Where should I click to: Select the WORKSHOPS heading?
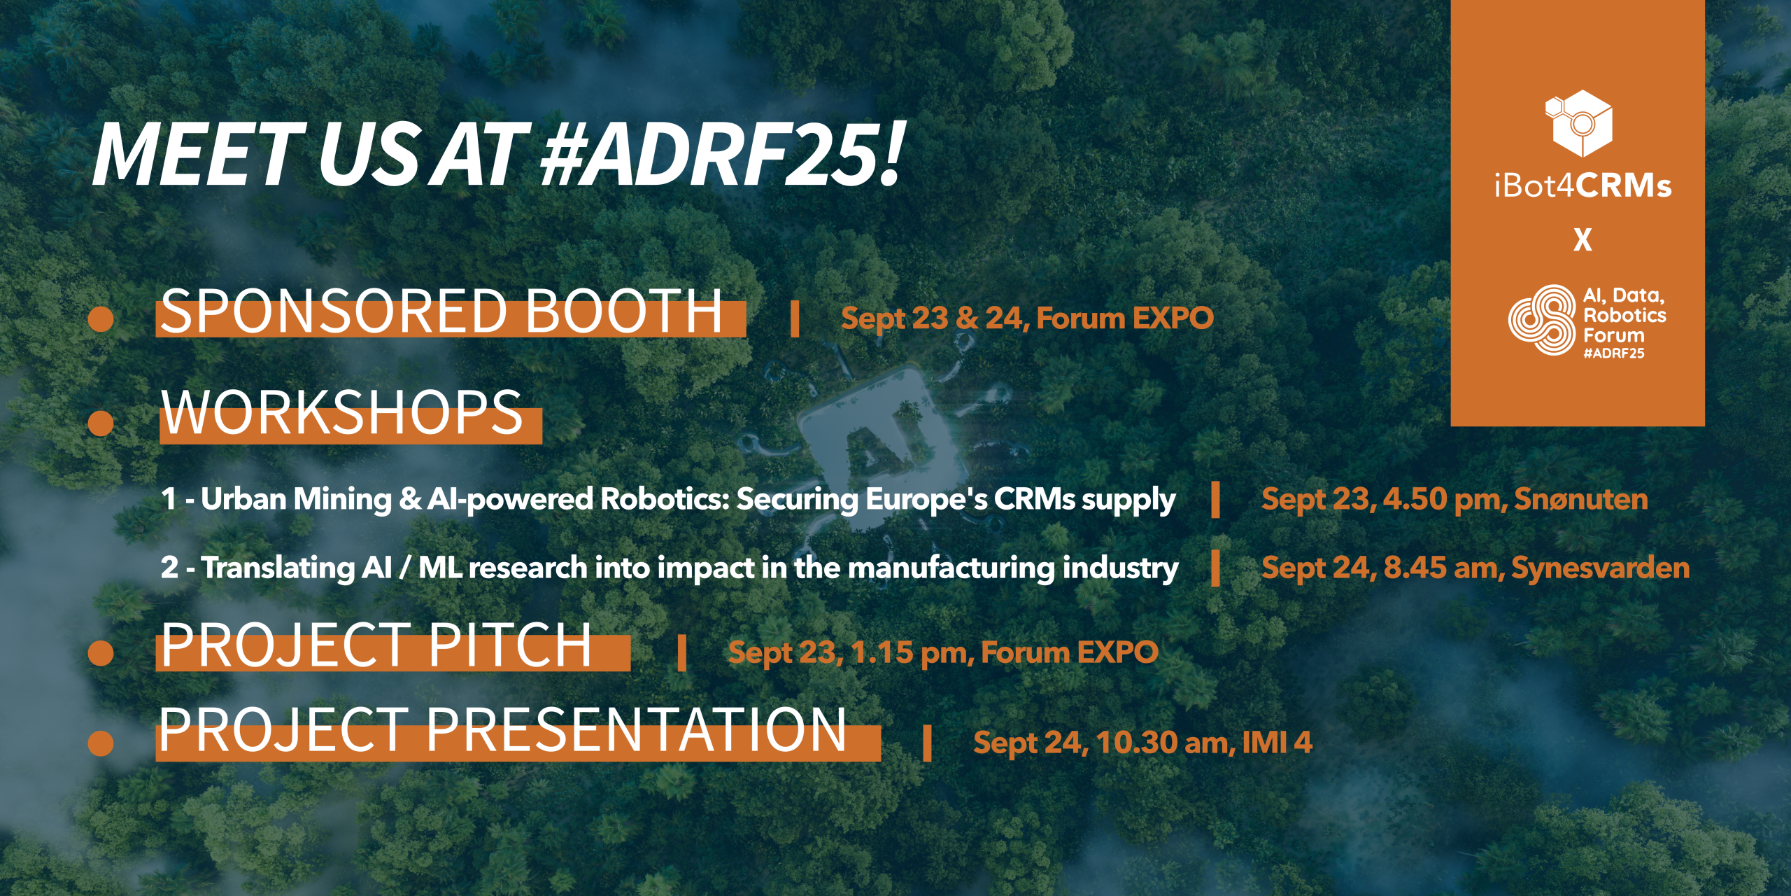point(342,412)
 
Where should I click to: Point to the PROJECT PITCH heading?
point(376,645)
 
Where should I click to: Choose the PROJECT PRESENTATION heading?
point(503,729)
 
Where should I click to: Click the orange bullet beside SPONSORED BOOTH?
point(101,318)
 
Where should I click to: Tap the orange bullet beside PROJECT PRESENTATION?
point(101,743)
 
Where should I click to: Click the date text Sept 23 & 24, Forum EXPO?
point(1027,318)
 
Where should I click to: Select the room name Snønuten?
point(1581,499)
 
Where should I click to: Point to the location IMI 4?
point(1277,742)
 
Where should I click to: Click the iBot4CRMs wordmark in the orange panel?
point(1583,186)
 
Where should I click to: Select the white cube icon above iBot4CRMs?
point(1578,122)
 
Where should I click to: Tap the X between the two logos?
point(1583,240)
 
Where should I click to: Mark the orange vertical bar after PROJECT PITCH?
point(681,653)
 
